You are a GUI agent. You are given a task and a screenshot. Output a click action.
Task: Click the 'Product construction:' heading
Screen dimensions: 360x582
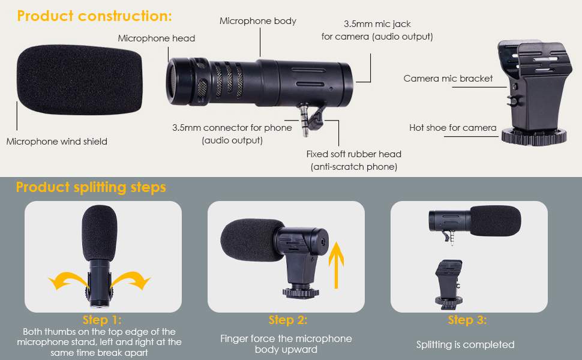(94, 16)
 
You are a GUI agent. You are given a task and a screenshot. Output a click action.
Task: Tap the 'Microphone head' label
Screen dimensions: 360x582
(156, 38)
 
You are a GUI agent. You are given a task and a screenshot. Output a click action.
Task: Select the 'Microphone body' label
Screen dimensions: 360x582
(258, 21)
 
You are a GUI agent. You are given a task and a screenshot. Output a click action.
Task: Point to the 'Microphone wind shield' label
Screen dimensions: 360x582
(57, 142)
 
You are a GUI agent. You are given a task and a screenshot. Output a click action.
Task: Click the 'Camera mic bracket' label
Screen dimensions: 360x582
(448, 79)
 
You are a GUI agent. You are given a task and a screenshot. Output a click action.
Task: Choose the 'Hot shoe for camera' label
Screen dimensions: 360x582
(452, 128)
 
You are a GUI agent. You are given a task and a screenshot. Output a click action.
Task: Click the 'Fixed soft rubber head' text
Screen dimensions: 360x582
(354, 154)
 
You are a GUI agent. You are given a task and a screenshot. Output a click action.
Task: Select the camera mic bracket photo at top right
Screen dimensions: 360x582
(534, 93)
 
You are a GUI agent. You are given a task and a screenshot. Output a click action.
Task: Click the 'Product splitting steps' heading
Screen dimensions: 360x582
(91, 187)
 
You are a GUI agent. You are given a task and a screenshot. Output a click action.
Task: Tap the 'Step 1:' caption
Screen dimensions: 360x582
(102, 320)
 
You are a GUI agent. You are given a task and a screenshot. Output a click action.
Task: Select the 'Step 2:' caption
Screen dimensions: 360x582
(288, 320)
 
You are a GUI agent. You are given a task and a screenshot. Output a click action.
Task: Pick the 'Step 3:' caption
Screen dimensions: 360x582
(467, 320)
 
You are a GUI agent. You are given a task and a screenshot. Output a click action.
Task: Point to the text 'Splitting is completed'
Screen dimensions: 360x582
(466, 344)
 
